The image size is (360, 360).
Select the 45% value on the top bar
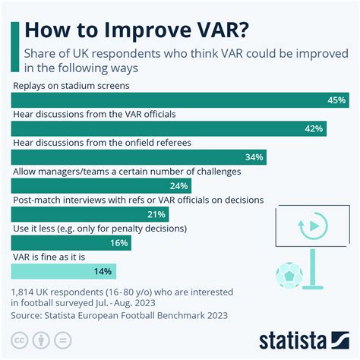(x=336, y=100)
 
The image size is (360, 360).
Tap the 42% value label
(x=314, y=129)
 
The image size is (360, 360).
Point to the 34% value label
(x=254, y=157)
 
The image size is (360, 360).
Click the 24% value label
(x=179, y=185)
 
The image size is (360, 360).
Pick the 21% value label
(x=157, y=214)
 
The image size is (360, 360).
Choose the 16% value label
(x=119, y=242)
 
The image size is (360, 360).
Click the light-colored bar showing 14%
(x=64, y=270)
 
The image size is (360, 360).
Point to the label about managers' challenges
(x=126, y=171)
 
